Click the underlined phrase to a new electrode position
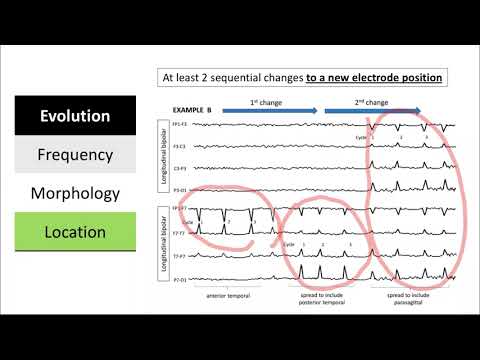(361, 76)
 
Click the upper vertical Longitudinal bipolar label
(165, 155)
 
